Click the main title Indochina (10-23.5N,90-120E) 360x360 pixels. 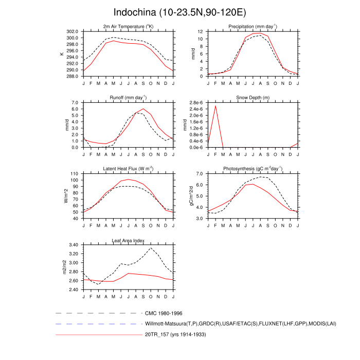tap(179, 12)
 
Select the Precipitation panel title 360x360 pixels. tap(253, 27)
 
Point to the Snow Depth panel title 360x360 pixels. tap(253, 98)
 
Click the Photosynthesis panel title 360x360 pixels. tap(253, 169)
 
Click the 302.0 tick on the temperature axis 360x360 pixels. tap(73, 31)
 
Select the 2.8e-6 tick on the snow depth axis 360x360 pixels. tap(196, 103)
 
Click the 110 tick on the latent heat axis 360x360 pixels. tap(75, 174)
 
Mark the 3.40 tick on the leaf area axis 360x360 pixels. tap(74, 245)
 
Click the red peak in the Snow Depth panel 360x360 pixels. tap(215, 106)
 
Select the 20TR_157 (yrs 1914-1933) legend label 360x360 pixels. tap(176, 335)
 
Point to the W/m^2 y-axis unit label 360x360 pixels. tap(65, 196)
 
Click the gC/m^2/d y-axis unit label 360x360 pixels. tap(190, 196)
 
